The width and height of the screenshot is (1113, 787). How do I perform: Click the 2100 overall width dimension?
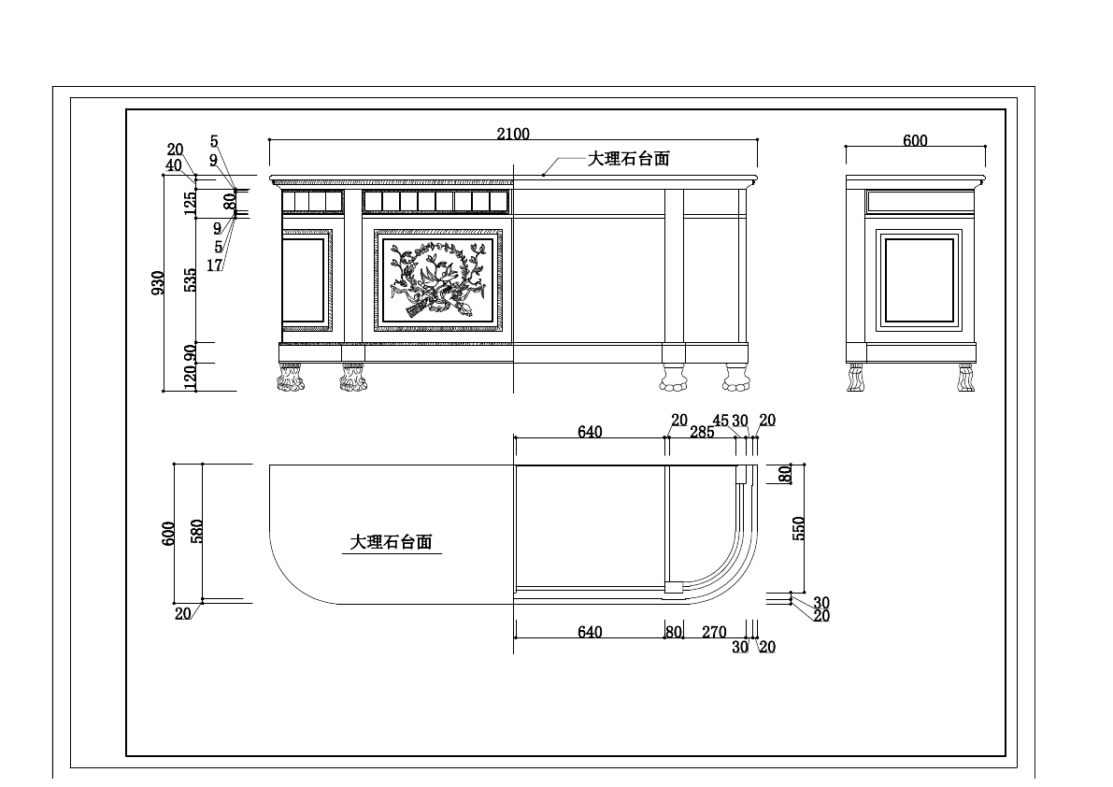(x=513, y=134)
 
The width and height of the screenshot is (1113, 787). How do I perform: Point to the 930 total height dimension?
(x=159, y=283)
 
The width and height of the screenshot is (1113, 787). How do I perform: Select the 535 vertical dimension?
(x=190, y=280)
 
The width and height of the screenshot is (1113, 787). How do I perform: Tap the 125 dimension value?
(x=190, y=203)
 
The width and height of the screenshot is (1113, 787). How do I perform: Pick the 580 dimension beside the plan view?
(x=196, y=532)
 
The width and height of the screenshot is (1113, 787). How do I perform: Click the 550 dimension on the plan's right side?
(x=799, y=528)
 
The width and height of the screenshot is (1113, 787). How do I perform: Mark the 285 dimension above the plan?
(x=702, y=432)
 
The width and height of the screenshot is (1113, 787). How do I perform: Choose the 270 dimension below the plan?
(x=714, y=632)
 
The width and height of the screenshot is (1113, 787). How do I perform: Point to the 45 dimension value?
(x=721, y=421)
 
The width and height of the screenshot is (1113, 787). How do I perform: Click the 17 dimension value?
(x=214, y=265)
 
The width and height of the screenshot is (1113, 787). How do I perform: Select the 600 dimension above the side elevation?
(x=915, y=141)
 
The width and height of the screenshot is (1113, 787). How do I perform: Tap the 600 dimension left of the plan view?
(x=169, y=534)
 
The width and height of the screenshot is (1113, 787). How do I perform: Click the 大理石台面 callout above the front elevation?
(x=628, y=159)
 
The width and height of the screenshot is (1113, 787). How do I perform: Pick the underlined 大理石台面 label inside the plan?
(x=391, y=542)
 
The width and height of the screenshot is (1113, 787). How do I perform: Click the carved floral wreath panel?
(x=438, y=280)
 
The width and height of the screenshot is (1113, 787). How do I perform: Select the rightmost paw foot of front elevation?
(x=735, y=378)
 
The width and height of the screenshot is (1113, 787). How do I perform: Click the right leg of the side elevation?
(x=965, y=378)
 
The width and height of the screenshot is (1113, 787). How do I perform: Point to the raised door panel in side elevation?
(x=920, y=279)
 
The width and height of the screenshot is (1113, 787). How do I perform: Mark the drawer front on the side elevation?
(x=920, y=201)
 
